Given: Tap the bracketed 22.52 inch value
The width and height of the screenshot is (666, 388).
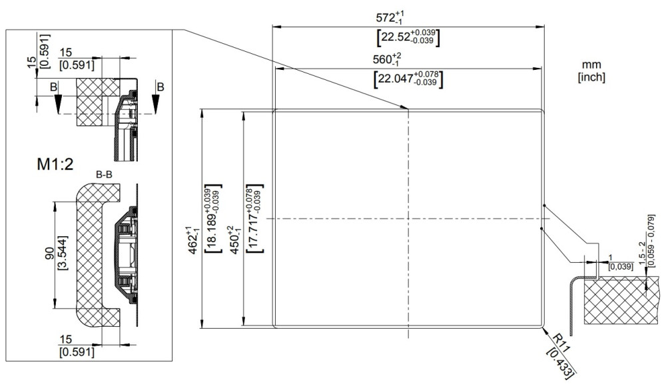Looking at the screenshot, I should (408, 37).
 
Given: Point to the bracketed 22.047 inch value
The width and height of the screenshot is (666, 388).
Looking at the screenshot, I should (408, 79).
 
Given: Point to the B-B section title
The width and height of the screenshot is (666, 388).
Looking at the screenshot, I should (104, 175).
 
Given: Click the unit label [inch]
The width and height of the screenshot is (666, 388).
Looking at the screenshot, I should (591, 77).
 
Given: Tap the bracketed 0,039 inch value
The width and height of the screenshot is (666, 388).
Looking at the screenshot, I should (612, 266).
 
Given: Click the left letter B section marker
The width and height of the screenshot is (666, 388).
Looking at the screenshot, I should (53, 86).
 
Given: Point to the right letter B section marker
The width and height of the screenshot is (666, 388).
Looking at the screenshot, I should (159, 86).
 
